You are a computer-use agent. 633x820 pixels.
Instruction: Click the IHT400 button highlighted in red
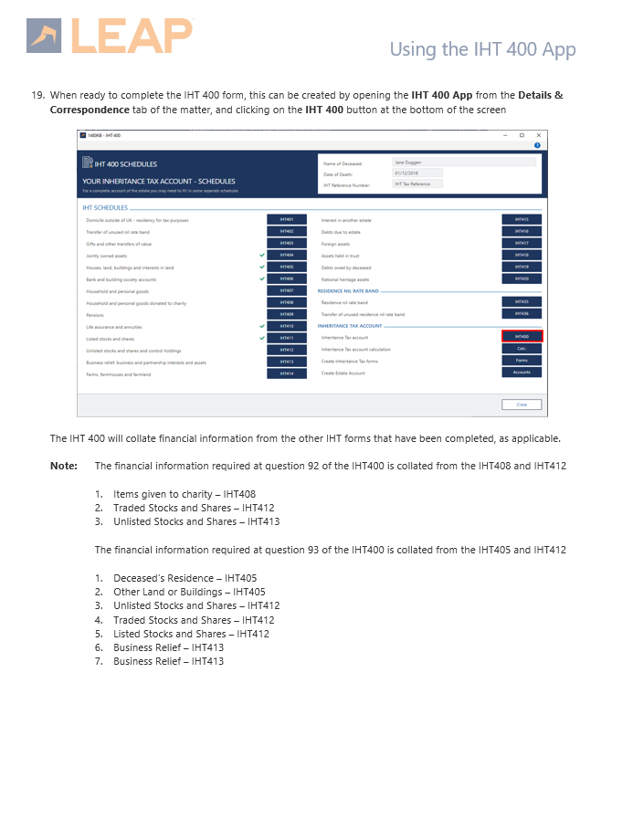[x=522, y=337]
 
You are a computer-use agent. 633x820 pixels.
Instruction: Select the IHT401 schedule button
[x=287, y=219]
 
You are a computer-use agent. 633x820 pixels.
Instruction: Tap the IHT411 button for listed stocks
[x=287, y=338]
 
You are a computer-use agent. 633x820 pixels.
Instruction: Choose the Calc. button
[x=522, y=349]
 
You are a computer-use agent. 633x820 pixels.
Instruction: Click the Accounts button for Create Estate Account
[x=522, y=373]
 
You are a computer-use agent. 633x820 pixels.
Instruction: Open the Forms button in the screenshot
[x=522, y=361]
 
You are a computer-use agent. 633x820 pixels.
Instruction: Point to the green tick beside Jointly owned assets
[x=262, y=255]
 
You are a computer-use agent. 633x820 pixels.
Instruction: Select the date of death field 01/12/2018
[x=417, y=173]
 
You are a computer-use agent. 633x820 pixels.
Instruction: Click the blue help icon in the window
[x=538, y=145]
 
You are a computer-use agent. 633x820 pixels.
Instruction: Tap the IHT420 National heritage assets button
[x=522, y=279]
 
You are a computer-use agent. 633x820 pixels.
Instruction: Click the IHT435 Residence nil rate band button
[x=522, y=301]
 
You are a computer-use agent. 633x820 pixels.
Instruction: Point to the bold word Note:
[x=64, y=466]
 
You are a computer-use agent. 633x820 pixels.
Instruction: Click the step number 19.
[x=37, y=95]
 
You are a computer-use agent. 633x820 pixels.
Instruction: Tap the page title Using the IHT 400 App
[x=482, y=49]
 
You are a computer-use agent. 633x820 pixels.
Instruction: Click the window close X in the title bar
[x=539, y=135]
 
